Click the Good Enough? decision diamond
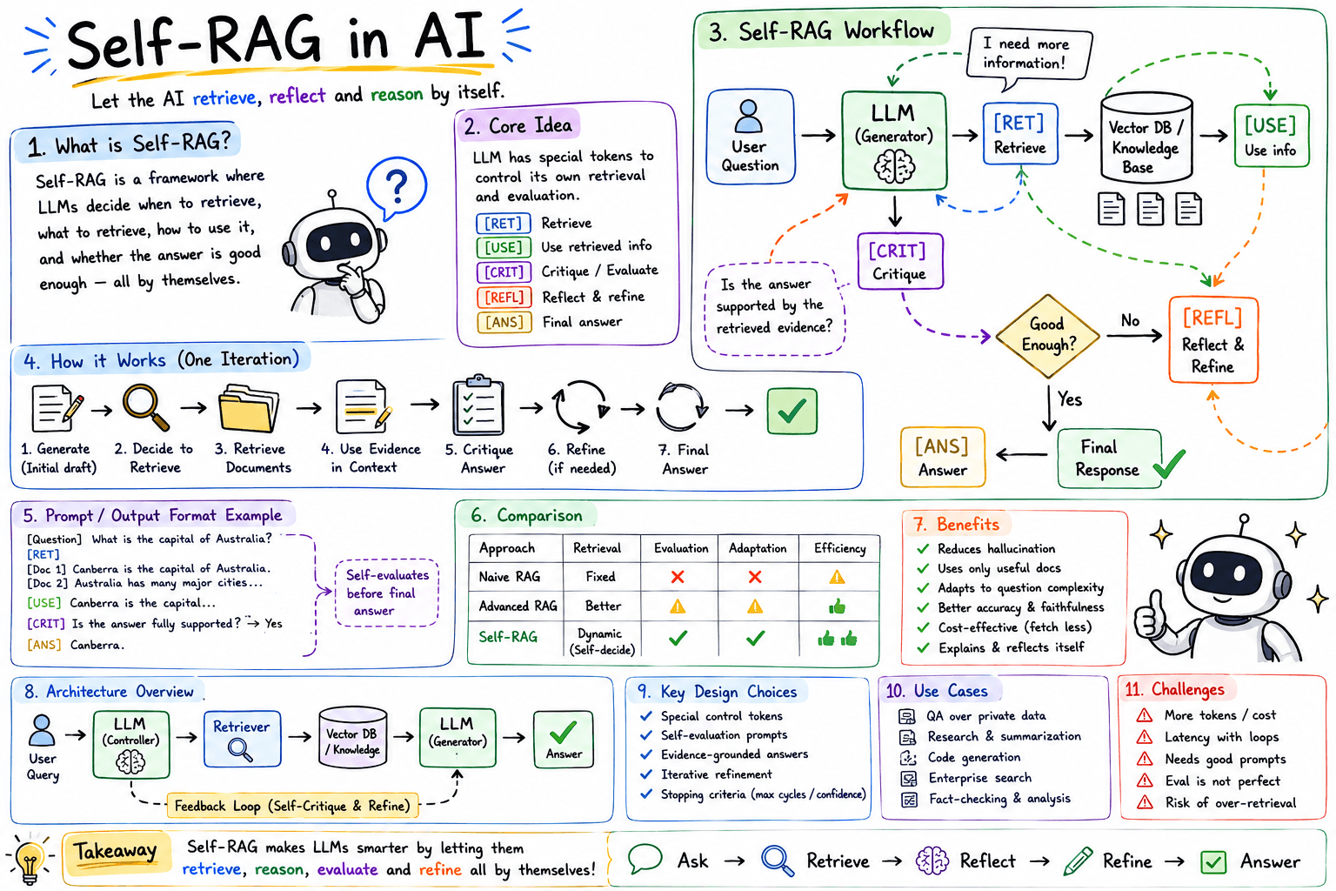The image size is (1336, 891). [1047, 336]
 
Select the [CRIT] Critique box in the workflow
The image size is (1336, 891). [900, 261]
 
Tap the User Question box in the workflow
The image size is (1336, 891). [751, 136]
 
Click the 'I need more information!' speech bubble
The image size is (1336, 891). [1028, 56]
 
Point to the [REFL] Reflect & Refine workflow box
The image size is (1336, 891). [1213, 340]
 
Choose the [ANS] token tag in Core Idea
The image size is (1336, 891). [504, 322]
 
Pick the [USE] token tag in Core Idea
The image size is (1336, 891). [504, 247]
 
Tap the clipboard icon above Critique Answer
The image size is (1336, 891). [478, 405]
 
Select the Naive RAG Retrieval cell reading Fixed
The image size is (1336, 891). [600, 577]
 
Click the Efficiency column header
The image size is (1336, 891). [839, 548]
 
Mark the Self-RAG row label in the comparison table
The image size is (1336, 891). [508, 637]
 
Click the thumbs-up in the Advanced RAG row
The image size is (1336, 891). [838, 607]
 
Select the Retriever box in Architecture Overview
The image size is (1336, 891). [242, 738]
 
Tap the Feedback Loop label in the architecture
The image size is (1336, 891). [292, 806]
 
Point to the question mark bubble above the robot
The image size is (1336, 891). [396, 187]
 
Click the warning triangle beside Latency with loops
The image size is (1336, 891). [1144, 737]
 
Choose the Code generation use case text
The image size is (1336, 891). [974, 757]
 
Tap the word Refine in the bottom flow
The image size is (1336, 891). [1126, 861]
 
